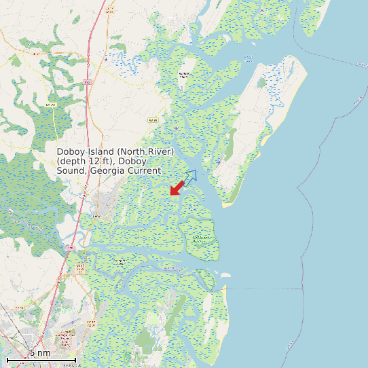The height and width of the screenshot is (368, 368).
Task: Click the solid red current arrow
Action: [177, 188]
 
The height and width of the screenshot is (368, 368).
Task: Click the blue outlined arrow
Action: [189, 177]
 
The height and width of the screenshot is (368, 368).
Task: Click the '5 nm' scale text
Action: [40, 353]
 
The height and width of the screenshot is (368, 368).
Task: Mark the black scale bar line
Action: [41, 359]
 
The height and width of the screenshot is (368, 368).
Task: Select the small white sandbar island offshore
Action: [225, 276]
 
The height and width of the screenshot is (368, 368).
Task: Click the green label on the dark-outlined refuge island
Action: [200, 238]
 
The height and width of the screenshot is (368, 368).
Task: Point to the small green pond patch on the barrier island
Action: [261, 84]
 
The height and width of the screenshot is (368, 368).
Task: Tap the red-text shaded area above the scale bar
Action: [66, 337]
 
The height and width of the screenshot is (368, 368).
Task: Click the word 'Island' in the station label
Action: [103, 151]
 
